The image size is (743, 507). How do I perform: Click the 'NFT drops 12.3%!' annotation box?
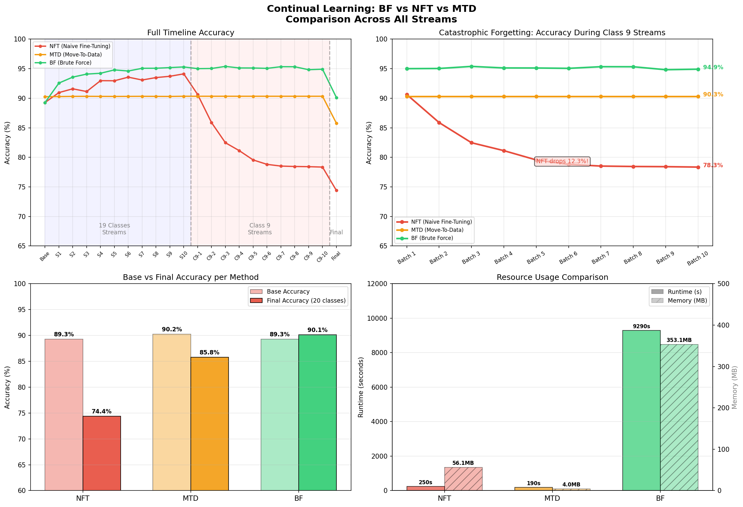coord(562,161)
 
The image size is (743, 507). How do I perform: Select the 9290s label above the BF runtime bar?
coord(641,326)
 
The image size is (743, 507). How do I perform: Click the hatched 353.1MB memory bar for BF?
coord(679,417)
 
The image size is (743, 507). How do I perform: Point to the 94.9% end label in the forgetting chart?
coord(713,67)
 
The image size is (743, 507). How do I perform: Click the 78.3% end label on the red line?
coord(713,165)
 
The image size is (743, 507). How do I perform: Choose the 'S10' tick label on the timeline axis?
coord(183,256)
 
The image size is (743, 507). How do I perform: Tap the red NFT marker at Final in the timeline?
coord(336,191)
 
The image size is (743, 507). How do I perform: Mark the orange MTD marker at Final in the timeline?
coord(336,124)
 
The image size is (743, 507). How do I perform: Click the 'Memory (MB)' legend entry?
coord(687,301)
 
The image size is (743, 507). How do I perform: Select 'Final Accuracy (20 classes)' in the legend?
coord(306,301)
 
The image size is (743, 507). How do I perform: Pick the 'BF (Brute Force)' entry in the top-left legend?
coord(70,63)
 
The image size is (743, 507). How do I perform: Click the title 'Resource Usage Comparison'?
coord(552,277)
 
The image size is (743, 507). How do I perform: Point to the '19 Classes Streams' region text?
coord(114,229)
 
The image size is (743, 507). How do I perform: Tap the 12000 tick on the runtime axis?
coord(379,284)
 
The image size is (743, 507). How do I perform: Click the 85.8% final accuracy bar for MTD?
coord(210,423)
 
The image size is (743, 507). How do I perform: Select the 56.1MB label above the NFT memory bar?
coord(463,463)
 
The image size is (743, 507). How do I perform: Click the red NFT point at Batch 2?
coord(439,123)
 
